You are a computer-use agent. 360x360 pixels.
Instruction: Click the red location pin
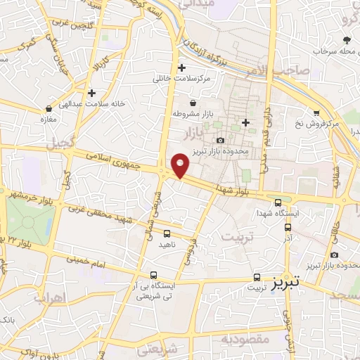pyautogui.click(x=181, y=165)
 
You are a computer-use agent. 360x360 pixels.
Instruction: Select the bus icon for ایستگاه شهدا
pyautogui.click(x=278, y=202)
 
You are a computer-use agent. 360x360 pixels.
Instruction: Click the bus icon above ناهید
pyautogui.click(x=167, y=233)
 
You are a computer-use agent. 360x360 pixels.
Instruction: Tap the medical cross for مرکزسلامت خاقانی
pyautogui.click(x=182, y=67)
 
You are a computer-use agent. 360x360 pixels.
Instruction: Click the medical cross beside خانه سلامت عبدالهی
pyautogui.click(x=91, y=92)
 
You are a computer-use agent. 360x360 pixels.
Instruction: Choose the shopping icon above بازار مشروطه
pyautogui.click(x=183, y=103)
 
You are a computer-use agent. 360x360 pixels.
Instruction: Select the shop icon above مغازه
pyautogui.click(x=49, y=109)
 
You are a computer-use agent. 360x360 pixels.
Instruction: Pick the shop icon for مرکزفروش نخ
pyautogui.click(x=317, y=112)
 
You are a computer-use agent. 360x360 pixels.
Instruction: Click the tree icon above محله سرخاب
pyautogui.click(x=346, y=40)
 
